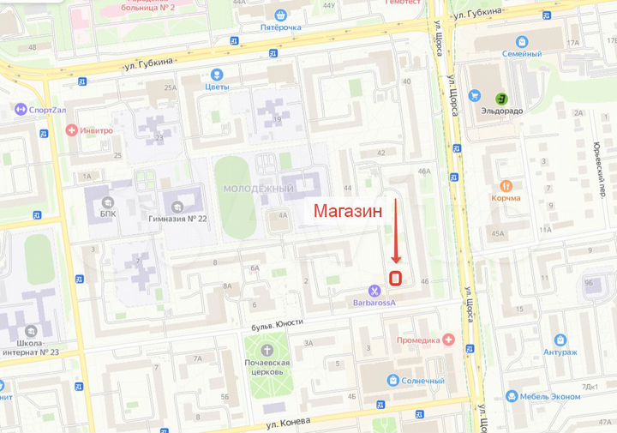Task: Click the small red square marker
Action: tap(396, 278)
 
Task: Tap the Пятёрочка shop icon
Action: tap(280, 15)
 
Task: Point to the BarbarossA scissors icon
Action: tap(374, 291)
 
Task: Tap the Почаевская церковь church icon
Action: tap(267, 350)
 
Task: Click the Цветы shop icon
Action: tap(217, 75)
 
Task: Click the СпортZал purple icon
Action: tap(21, 109)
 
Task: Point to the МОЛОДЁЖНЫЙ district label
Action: tap(258, 189)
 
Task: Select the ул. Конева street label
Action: tap(285, 423)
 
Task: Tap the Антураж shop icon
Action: tap(560, 340)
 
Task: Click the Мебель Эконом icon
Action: tap(512, 396)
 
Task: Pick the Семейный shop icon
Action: tap(521, 40)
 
